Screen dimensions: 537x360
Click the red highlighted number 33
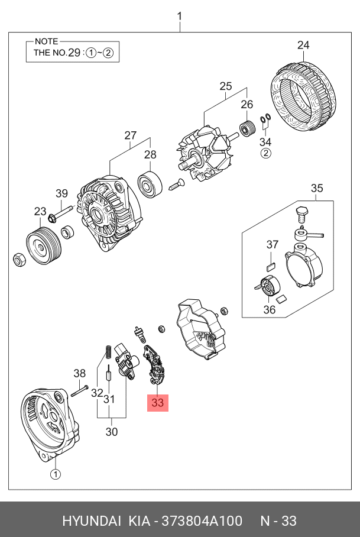(x=157, y=403)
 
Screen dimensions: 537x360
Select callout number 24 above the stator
(x=303, y=45)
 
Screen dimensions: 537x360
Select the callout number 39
(x=62, y=193)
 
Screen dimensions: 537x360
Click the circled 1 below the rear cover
(x=54, y=474)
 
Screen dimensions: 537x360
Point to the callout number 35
(x=317, y=189)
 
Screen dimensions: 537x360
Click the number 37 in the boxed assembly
(x=272, y=244)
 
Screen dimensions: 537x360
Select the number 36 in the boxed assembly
(x=269, y=309)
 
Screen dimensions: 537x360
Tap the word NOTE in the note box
(x=47, y=41)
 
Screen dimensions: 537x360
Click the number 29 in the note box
(x=74, y=53)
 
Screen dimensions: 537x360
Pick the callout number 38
(x=80, y=373)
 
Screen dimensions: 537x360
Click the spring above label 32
(x=108, y=351)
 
